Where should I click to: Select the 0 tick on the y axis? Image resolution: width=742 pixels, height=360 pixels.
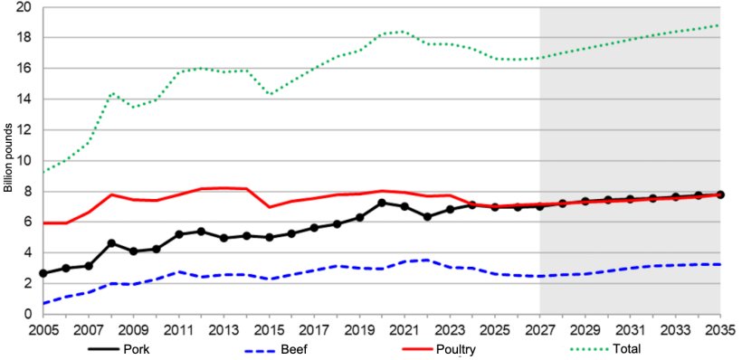28,314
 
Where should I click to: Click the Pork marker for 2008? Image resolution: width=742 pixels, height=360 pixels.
110,243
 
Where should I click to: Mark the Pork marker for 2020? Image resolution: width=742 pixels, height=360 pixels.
382,203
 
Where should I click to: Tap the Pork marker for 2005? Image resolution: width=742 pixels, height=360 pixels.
43,273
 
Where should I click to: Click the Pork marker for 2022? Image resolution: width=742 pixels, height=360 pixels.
427,217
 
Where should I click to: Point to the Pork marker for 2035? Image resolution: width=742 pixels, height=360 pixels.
720,194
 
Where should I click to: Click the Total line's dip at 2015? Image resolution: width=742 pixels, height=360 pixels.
269,94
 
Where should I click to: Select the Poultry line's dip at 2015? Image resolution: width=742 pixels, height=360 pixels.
269,207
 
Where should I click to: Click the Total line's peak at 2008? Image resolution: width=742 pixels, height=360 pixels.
110,93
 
